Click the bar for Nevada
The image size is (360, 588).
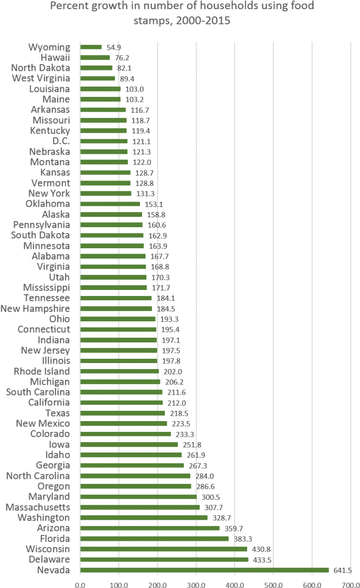click(x=204, y=570)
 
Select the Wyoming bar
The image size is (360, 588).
click(x=91, y=47)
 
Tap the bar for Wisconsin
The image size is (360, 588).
click(x=163, y=549)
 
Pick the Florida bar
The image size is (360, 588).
click(x=154, y=539)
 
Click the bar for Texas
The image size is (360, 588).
click(x=123, y=413)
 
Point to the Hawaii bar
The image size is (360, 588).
click(x=95, y=57)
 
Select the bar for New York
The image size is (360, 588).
click(x=106, y=193)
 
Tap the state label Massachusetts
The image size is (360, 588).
click(x=37, y=507)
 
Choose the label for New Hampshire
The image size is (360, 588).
click(x=35, y=308)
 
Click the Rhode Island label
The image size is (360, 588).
click(x=41, y=371)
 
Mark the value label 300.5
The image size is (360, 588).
click(x=211, y=497)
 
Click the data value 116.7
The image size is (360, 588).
click(x=140, y=110)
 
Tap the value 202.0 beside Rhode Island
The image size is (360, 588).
click(x=173, y=372)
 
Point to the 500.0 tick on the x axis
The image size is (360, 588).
click(x=273, y=584)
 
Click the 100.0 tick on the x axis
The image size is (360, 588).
click(x=119, y=584)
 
